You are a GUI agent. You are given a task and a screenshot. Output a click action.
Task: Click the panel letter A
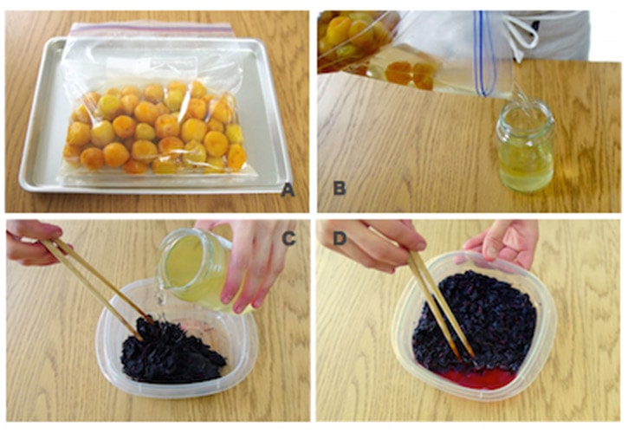[288, 189]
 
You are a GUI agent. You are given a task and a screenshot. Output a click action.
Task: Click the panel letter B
[340, 188]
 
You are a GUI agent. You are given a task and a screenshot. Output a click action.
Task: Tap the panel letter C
[288, 238]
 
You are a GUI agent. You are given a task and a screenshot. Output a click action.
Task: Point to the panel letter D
[340, 238]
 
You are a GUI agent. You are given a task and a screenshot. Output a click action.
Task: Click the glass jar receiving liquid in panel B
[525, 146]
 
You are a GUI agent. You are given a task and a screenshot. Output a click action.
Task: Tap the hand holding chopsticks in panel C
[34, 242]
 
